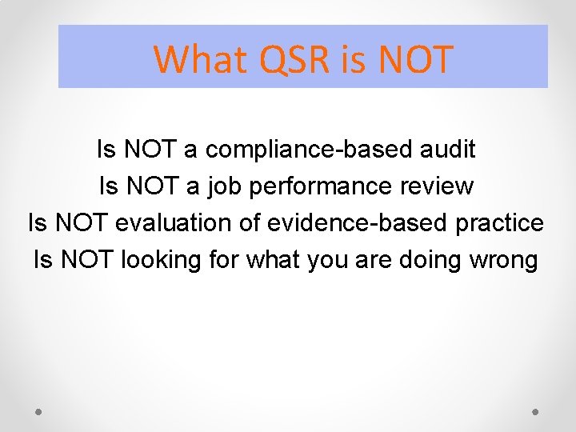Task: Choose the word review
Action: [439, 186]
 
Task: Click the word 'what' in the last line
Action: [268, 260]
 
